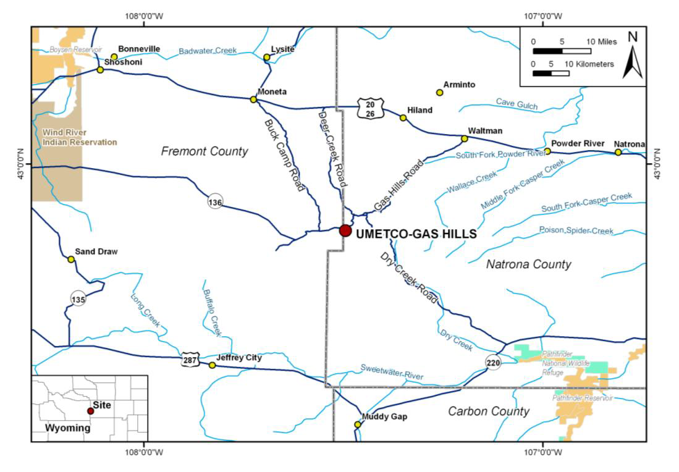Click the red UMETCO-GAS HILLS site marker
345,230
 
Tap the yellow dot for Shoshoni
100,69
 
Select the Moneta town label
272,91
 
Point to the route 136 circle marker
215,202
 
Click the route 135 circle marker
78,298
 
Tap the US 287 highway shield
190,360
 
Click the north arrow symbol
632,57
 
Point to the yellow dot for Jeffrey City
212,365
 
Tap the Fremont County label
205,151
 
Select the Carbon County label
489,411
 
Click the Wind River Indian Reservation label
80,137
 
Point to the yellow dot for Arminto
440,93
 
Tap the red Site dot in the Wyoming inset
90,411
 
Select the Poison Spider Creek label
576,230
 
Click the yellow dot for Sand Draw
71,259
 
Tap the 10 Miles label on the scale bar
602,41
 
